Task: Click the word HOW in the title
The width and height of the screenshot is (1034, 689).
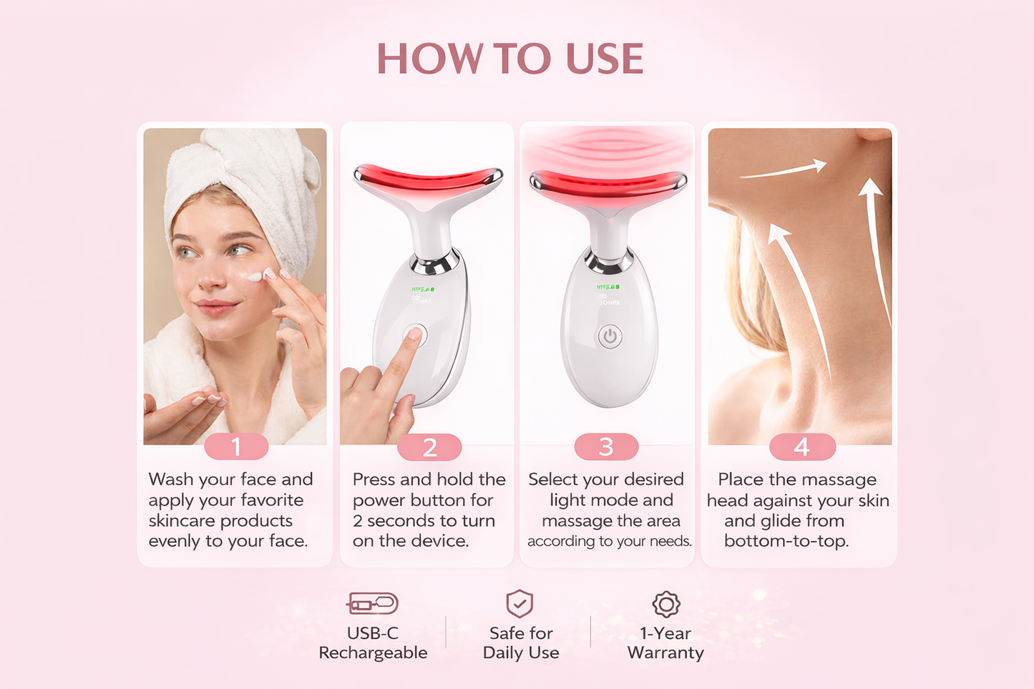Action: point(429,59)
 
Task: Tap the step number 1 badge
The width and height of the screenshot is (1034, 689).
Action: point(236,447)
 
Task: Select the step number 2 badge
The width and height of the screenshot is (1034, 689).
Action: point(429,447)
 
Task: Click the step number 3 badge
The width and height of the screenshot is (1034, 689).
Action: point(606,447)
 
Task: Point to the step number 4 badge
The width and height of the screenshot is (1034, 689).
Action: point(801,447)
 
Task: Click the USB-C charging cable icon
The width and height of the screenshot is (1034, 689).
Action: point(372,604)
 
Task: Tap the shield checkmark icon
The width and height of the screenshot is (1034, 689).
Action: point(520,604)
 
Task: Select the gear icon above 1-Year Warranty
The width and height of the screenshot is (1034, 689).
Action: point(665,604)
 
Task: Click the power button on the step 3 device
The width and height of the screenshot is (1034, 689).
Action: point(610,336)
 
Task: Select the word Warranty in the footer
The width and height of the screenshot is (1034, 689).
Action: point(665,653)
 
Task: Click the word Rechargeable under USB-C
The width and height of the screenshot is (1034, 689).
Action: point(373,653)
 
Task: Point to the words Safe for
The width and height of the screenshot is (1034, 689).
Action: point(521,633)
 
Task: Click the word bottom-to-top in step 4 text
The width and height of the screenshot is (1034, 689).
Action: point(786,541)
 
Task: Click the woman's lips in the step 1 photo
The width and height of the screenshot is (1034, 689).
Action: point(215,308)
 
